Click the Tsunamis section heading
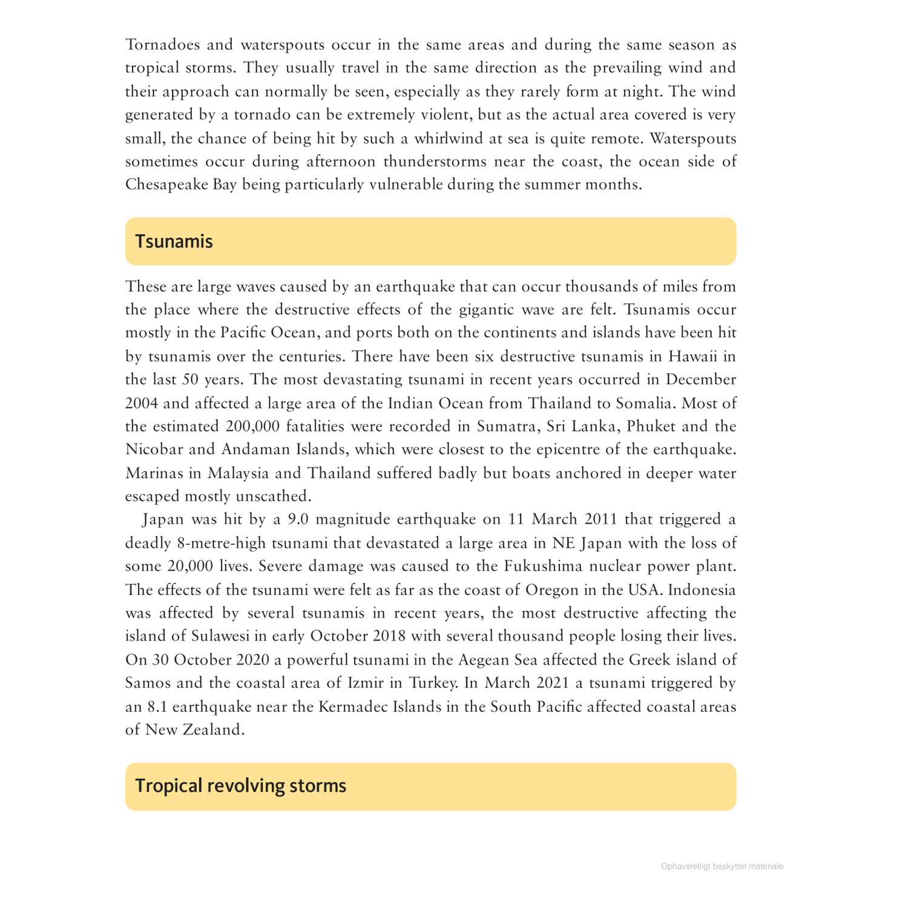174,242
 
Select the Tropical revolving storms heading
240,786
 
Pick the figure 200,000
252,427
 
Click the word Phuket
651,427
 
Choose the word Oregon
551,590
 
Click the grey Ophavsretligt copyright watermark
722,866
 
